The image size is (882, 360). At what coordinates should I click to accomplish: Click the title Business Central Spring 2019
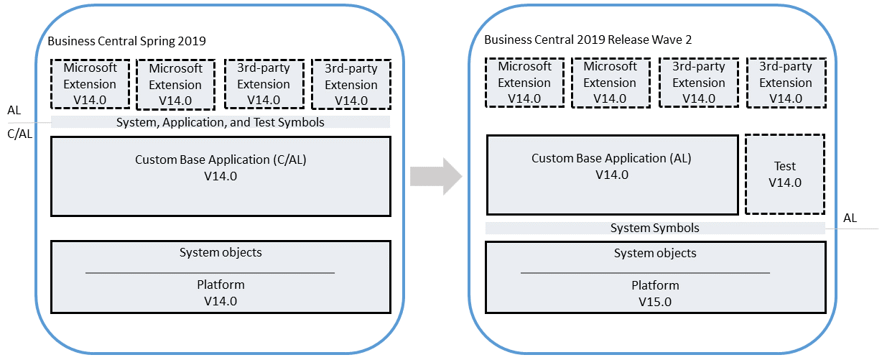(x=131, y=41)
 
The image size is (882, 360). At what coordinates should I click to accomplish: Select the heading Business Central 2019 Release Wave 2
(x=588, y=40)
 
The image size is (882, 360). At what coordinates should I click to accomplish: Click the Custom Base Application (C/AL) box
(x=220, y=176)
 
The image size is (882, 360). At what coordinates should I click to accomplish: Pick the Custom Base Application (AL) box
(x=612, y=174)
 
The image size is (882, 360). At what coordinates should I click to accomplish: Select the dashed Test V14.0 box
(x=784, y=174)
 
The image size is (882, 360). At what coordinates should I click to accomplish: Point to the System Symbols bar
(x=654, y=228)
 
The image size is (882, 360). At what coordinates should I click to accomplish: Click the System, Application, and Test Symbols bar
(x=220, y=122)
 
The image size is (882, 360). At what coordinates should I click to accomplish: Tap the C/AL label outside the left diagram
(x=19, y=134)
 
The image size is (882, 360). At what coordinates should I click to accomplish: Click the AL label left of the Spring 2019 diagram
(x=14, y=111)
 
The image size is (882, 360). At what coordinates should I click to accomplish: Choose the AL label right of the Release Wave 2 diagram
(x=850, y=218)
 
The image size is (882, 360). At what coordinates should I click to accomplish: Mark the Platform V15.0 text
(x=654, y=294)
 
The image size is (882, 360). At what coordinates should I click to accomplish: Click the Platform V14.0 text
(x=220, y=293)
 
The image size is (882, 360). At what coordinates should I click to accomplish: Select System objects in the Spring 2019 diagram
(x=220, y=252)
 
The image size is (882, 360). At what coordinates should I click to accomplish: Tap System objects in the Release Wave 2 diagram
(x=654, y=253)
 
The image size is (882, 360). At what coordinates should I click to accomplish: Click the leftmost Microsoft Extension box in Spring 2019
(x=90, y=84)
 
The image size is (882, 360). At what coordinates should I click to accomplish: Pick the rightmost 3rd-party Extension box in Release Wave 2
(x=785, y=83)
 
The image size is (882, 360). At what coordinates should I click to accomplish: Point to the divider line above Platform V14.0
(x=210, y=273)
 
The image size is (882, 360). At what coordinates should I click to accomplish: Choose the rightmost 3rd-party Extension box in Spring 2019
(x=351, y=84)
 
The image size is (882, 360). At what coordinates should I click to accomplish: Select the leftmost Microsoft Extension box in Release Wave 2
(x=524, y=83)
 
